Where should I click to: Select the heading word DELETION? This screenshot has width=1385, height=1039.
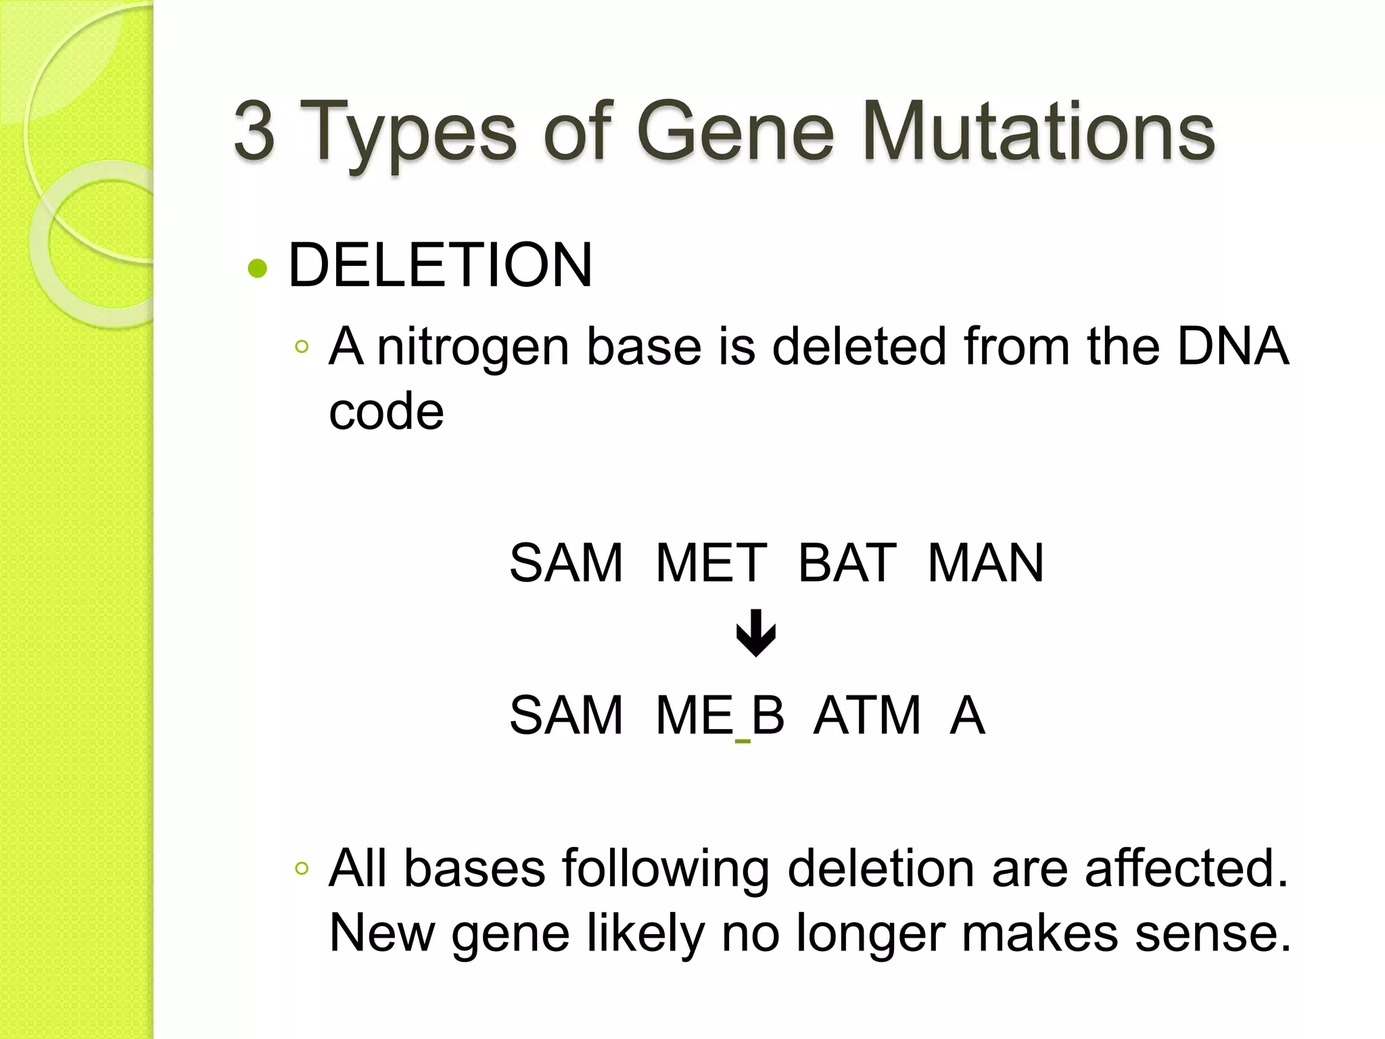440,265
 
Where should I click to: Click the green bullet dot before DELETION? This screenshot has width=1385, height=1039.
258,269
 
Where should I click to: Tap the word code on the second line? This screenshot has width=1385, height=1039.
386,411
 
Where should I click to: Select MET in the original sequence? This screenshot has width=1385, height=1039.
711,563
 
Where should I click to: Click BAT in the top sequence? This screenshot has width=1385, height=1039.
847,563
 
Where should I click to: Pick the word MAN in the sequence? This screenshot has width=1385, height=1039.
985,563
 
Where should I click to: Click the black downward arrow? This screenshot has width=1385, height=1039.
755,633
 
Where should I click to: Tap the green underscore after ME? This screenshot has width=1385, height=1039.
743,741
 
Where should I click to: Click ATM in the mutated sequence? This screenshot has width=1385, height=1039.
867,715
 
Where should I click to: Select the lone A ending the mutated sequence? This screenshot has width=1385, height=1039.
967,715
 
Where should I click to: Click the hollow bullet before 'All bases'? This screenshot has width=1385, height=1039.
302,868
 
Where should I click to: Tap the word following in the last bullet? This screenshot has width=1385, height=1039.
665,869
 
